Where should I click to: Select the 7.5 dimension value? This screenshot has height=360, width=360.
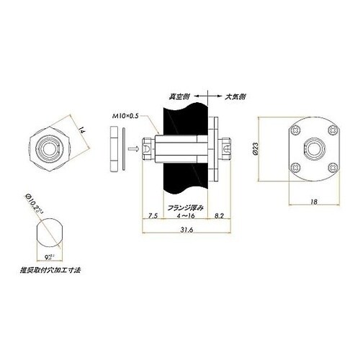click(153, 215)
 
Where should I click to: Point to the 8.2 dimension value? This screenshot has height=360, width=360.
click(221, 215)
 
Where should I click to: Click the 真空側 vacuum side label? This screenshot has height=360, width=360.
click(179, 94)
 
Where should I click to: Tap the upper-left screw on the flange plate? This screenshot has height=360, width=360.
click(297, 130)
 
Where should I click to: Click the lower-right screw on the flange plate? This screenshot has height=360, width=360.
click(333, 168)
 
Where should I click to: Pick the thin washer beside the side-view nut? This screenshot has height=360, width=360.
click(122, 148)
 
